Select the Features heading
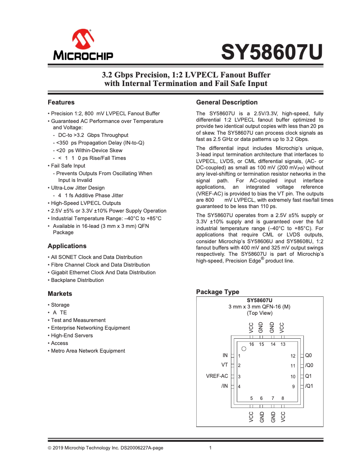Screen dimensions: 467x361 click(x=61, y=102)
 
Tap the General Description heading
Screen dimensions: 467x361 click(x=227, y=102)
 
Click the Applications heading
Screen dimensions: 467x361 click(x=67, y=246)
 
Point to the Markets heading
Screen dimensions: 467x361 click(x=60, y=294)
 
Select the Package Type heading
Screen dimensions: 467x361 click(x=217, y=292)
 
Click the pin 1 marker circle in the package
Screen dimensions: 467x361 click(x=244, y=349)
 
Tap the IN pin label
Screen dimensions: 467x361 click(x=225, y=355)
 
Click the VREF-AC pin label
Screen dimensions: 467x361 click(x=217, y=376)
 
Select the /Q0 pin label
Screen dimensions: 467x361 click(x=309, y=365)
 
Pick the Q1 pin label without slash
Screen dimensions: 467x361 click(x=308, y=376)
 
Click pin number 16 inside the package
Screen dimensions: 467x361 click(x=252, y=345)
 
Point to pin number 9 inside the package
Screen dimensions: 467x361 click(x=293, y=386)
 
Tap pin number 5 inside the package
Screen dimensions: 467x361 click(x=252, y=398)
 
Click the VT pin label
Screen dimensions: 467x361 click(x=225, y=365)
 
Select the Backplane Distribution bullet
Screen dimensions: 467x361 click(x=77, y=280)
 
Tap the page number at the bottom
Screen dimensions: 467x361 click(x=211, y=448)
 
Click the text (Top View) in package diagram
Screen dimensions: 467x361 click(x=259, y=313)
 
